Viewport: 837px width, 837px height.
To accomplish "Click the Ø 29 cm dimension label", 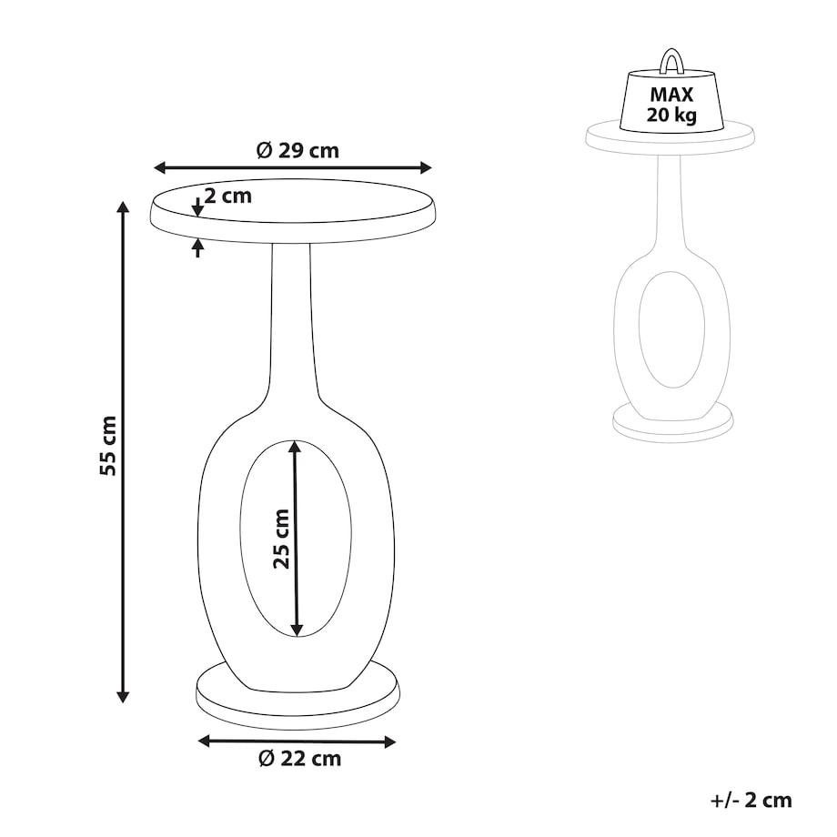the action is coord(297,150).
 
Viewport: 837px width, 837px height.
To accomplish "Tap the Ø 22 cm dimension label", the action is coord(299,759).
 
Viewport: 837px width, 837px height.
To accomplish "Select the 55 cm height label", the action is coord(108,446).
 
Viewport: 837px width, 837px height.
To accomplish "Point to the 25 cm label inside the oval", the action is coord(281,539).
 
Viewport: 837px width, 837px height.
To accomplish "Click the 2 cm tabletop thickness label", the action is coord(228,196).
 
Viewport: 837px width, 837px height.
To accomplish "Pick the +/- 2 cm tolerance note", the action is coord(751,801).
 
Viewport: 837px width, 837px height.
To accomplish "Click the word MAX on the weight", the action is coord(671,95).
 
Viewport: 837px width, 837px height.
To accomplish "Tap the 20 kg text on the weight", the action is coord(671,115).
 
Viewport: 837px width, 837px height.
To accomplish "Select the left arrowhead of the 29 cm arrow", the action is coord(159,167).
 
